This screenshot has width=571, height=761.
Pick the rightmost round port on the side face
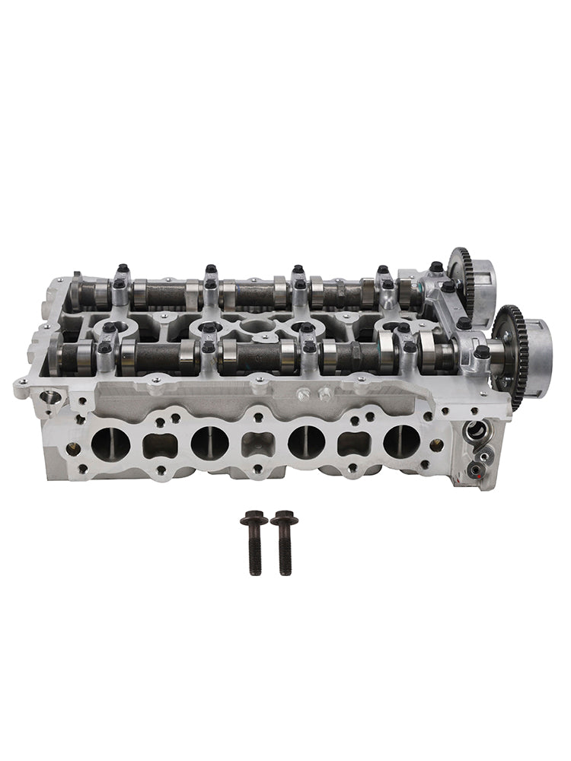point(401,441)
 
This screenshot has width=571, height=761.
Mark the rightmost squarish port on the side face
point(353,443)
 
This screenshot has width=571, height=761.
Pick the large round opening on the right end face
point(476,431)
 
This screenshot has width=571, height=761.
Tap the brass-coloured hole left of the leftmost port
point(73,448)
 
